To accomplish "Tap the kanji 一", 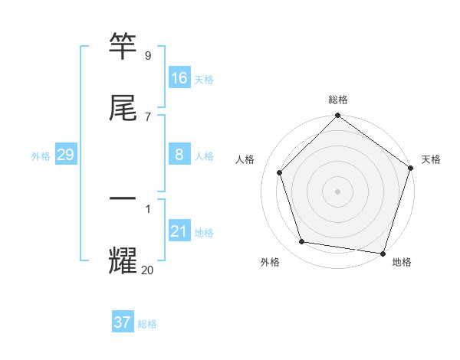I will [x=123, y=198].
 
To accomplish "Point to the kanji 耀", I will [x=123, y=260].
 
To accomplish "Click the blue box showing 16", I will [x=179, y=78].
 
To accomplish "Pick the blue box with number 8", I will [x=179, y=155].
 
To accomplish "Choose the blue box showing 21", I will [x=179, y=231].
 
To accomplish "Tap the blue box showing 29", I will [x=65, y=155].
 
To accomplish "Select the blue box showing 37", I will [x=123, y=322].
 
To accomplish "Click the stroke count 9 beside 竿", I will [x=148, y=56].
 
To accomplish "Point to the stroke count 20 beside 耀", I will [x=148, y=270].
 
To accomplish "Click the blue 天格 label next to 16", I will [x=204, y=80].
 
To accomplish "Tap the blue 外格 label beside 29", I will [x=41, y=156].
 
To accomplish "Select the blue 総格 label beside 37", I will [x=147, y=324].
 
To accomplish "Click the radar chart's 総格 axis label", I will [x=338, y=100].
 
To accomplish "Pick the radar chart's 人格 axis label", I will [x=245, y=159].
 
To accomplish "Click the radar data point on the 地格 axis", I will [x=383, y=253].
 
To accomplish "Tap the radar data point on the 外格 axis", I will [x=302, y=242].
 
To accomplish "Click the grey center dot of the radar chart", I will [x=338, y=191].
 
